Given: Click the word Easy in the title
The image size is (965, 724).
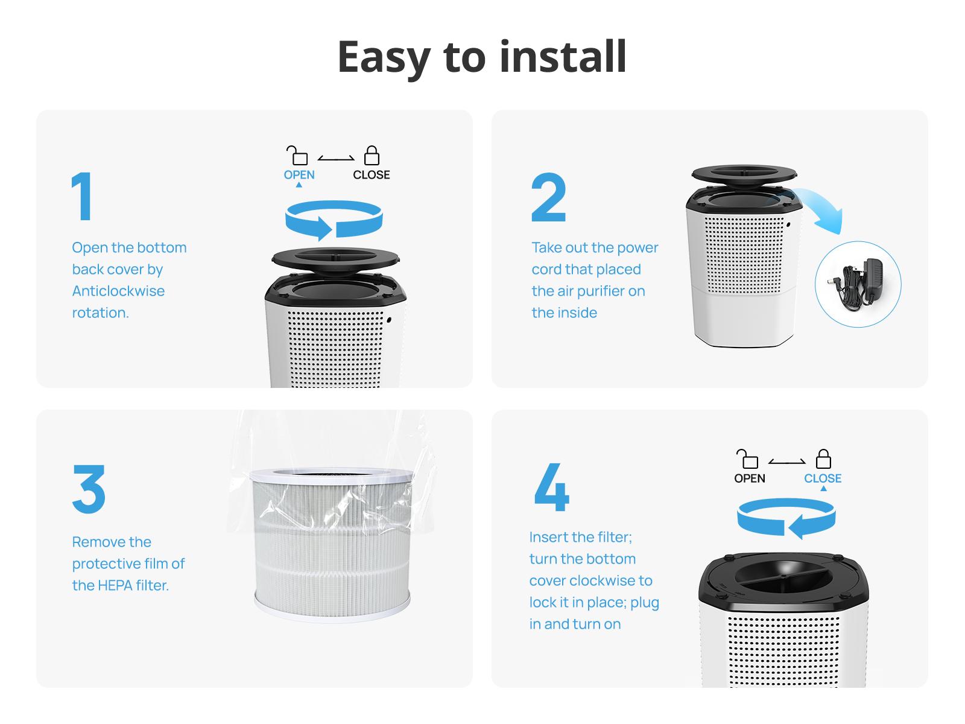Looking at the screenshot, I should click(384, 57).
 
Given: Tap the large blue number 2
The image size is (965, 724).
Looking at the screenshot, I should click(548, 198).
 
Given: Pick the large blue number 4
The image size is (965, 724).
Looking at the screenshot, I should click(551, 487).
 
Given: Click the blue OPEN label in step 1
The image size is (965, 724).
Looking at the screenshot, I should click(299, 175).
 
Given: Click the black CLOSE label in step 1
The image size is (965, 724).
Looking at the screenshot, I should click(371, 175).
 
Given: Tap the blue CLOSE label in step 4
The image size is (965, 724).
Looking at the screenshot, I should click(822, 478).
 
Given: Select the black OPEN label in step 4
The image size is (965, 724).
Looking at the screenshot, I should click(749, 478).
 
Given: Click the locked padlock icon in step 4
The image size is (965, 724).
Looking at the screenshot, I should click(823, 459).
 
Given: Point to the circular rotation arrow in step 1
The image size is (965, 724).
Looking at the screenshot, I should click(334, 220).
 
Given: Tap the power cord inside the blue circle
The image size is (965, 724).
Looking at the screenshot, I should click(857, 285).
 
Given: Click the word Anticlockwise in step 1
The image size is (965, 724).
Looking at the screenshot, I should click(118, 291).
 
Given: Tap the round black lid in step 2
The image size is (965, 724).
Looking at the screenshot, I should click(743, 173).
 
